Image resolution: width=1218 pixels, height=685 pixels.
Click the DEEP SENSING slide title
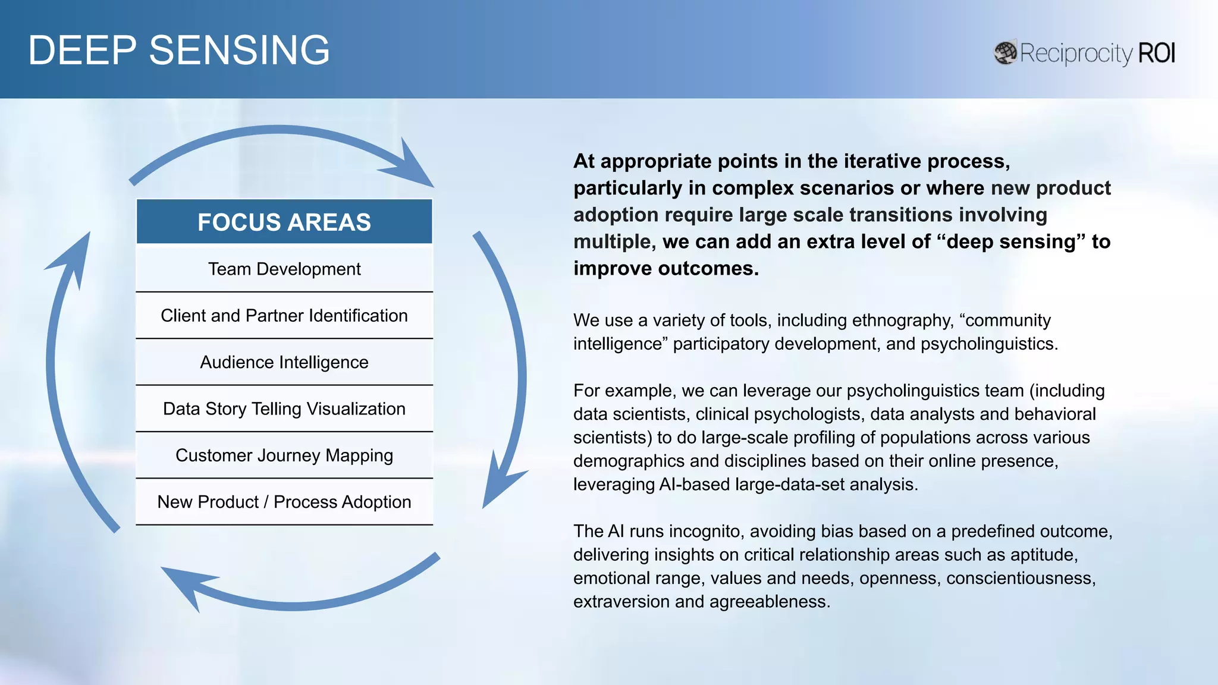(x=178, y=50)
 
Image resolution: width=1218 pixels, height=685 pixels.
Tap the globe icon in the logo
(x=1005, y=53)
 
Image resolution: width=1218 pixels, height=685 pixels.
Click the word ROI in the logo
(x=1156, y=53)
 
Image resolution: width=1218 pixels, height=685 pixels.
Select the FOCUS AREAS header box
(x=284, y=222)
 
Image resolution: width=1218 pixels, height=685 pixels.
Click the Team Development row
(x=284, y=269)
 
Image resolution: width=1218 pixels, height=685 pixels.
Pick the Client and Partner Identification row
(x=284, y=316)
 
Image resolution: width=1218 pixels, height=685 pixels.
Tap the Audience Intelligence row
(x=284, y=362)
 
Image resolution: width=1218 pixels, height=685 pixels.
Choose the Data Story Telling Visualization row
(x=284, y=409)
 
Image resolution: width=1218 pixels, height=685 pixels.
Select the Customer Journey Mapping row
(x=284, y=455)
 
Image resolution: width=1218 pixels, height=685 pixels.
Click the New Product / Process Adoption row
(x=284, y=502)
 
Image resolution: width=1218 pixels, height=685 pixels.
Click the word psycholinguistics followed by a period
(x=988, y=344)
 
